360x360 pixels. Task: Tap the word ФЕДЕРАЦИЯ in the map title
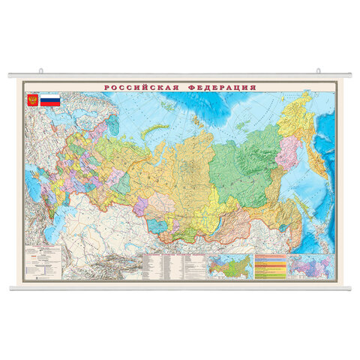(221, 88)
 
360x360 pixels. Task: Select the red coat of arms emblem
(32, 100)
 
